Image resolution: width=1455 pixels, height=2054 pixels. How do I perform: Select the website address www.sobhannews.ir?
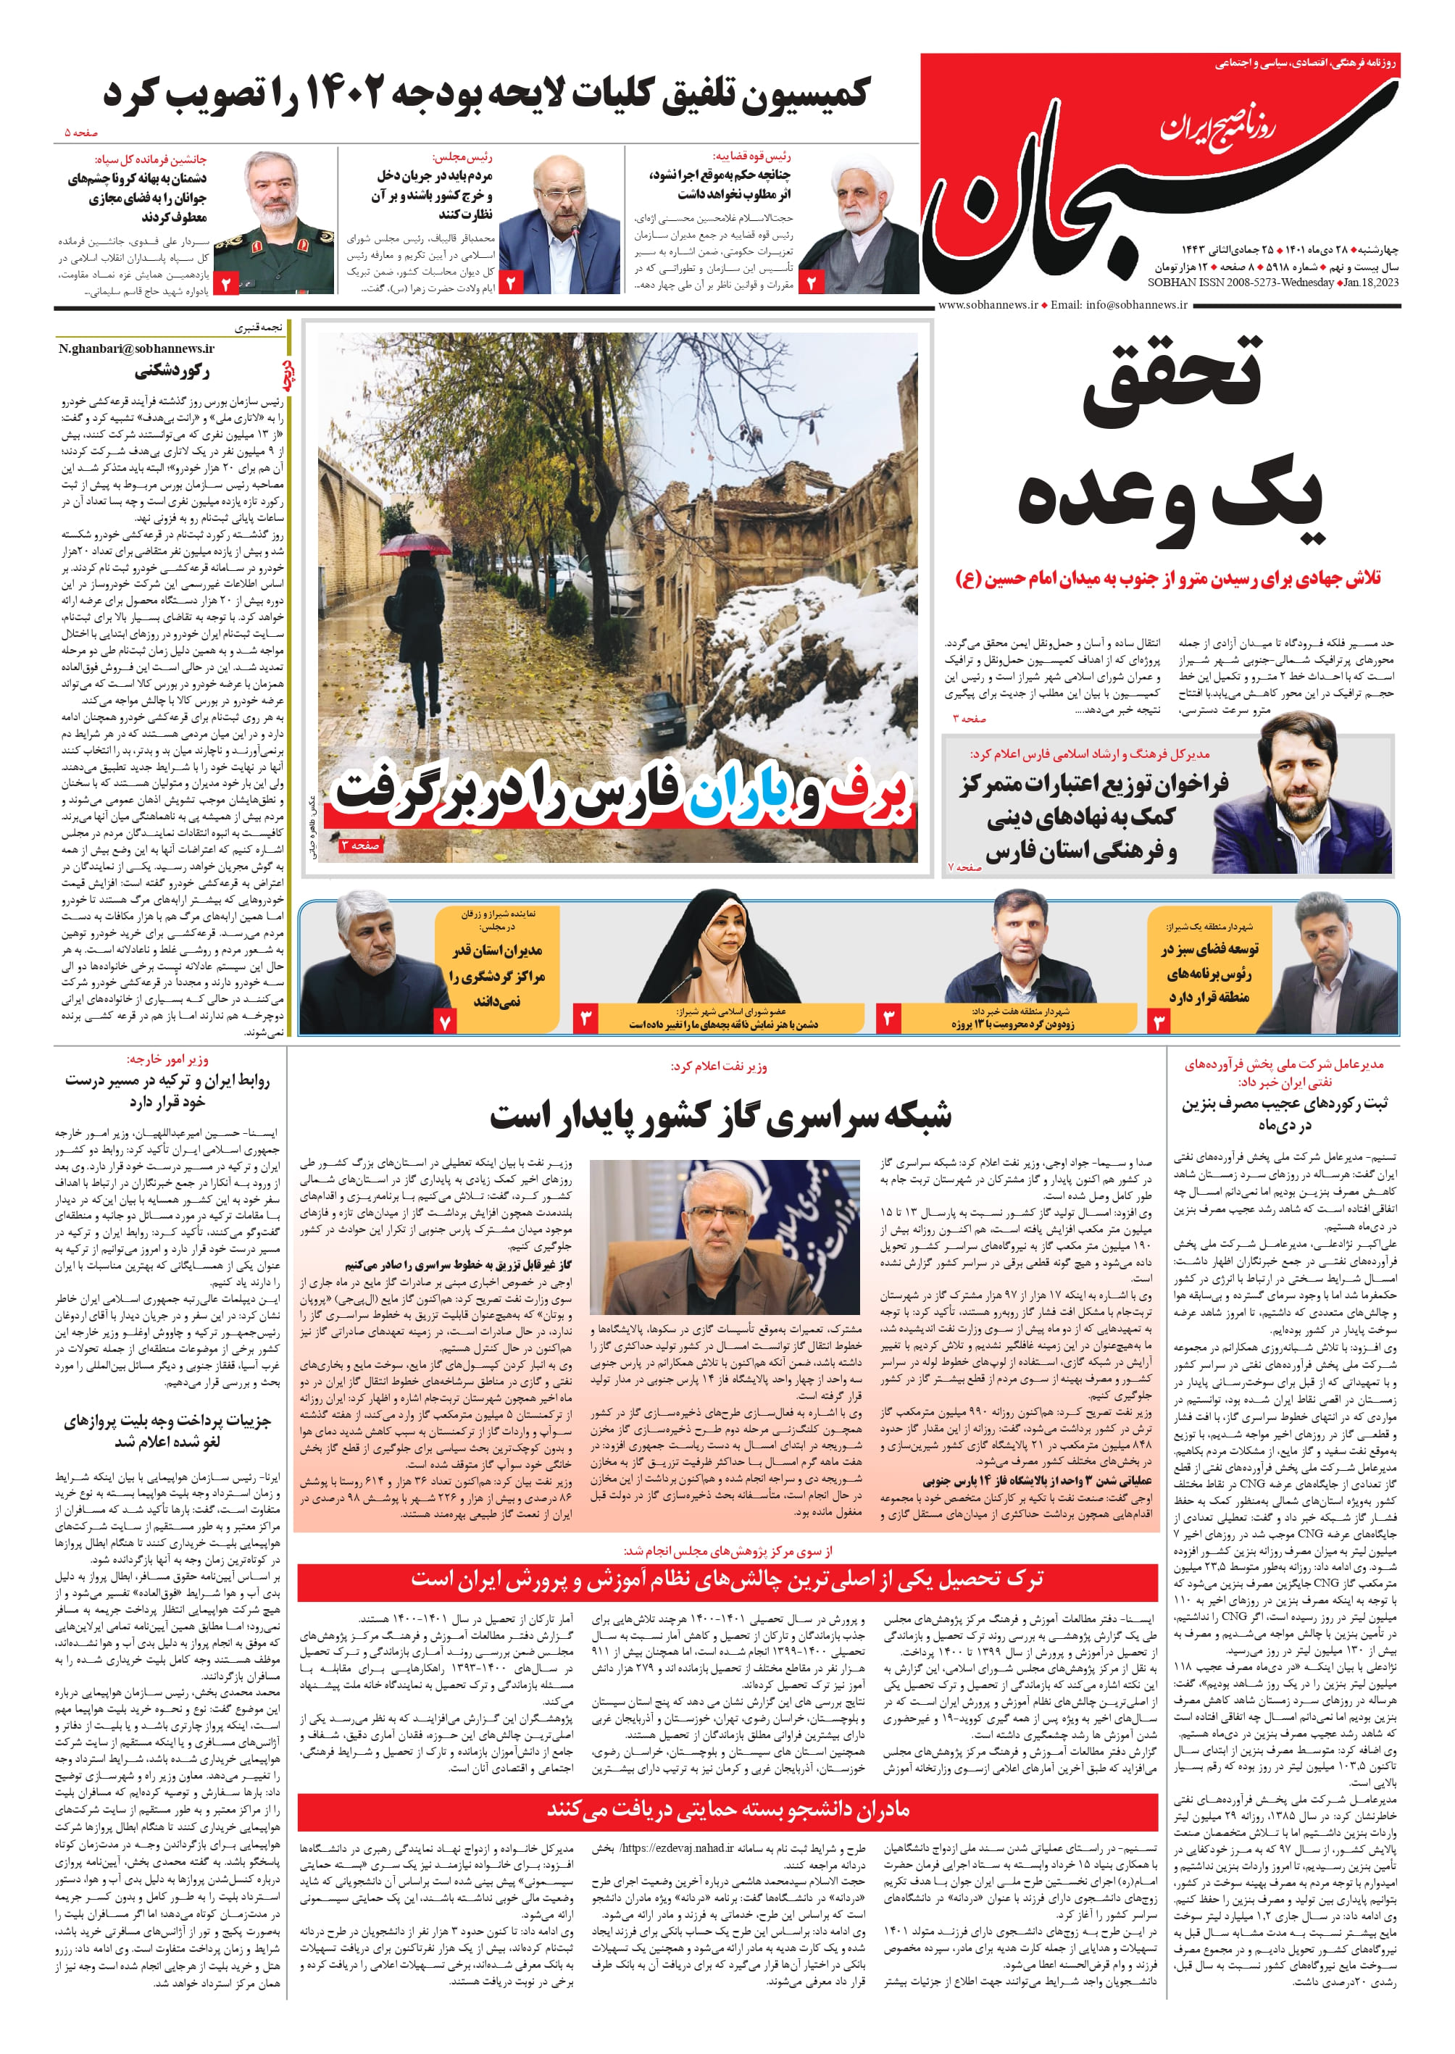click(x=986, y=304)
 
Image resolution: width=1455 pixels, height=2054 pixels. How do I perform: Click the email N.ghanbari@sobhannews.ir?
click(x=136, y=348)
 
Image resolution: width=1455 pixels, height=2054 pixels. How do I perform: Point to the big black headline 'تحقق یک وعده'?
click(x=1170, y=439)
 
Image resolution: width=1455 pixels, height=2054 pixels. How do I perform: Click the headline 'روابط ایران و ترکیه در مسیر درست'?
click(x=167, y=1090)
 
